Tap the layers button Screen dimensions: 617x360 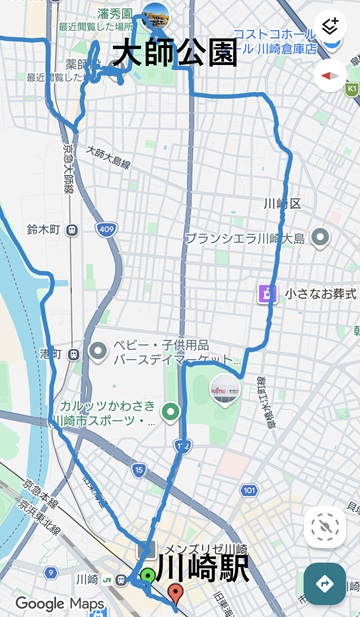(330, 26)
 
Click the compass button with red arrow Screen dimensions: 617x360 (330, 75)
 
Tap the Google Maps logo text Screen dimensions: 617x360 (59, 603)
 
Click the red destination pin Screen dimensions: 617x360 (176, 595)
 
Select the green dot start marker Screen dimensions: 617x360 (147, 575)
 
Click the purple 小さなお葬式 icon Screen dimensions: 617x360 (266, 293)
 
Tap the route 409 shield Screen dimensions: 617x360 (105, 230)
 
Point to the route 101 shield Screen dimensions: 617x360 (248, 490)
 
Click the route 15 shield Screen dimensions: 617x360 (138, 470)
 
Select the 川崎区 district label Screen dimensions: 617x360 (275, 204)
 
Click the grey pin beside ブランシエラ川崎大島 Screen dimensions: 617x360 (320, 238)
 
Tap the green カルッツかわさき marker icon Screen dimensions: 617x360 (171, 411)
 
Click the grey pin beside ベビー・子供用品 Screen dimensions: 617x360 (98, 351)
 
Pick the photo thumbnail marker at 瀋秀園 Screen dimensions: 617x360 (156, 14)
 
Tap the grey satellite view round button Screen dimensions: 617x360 (325, 528)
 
